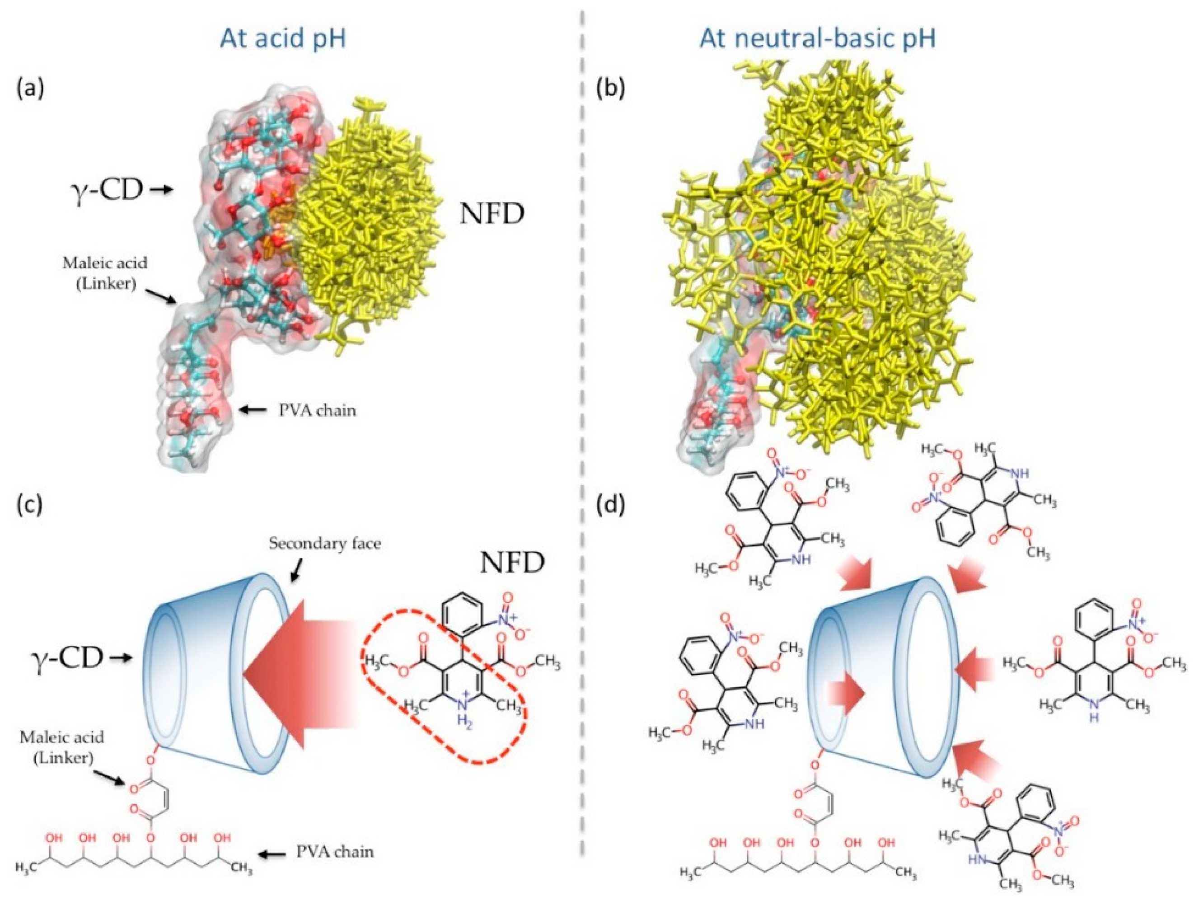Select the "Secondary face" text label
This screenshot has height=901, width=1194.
pyautogui.click(x=325, y=544)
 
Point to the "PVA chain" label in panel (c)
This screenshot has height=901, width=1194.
pyautogui.click(x=335, y=852)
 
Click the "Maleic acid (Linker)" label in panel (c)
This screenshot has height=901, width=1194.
pyautogui.click(x=61, y=748)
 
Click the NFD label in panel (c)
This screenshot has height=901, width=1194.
pyautogui.click(x=511, y=564)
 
